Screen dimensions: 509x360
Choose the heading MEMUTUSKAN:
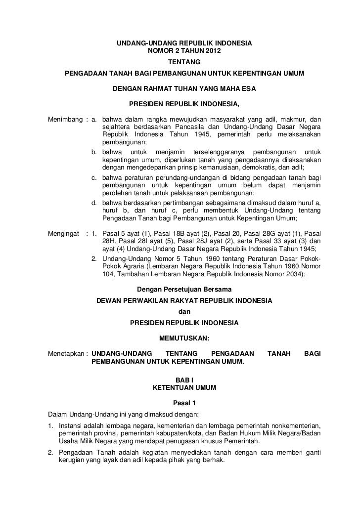click(184, 339)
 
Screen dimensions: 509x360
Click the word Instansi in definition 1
click(71, 425)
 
